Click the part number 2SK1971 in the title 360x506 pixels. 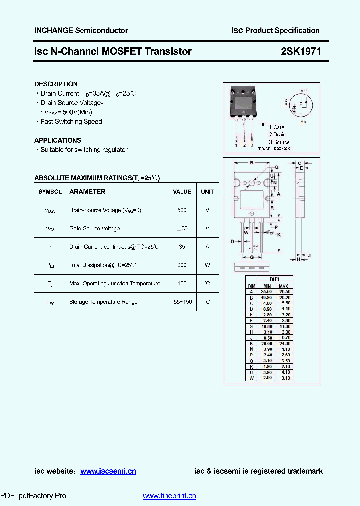click(301, 51)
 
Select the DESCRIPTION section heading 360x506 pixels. click(56, 84)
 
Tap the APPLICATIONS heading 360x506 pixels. click(57, 140)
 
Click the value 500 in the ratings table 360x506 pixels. click(182, 210)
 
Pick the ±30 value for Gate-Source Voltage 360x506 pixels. click(182, 228)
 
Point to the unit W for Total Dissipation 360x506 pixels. click(207, 265)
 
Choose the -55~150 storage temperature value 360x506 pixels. click(182, 302)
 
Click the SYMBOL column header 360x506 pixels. click(50, 192)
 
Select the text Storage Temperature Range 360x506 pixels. click(103, 302)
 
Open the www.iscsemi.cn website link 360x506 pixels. click(108, 471)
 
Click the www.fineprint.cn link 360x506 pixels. click(169, 496)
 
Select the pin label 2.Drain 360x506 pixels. click(277, 134)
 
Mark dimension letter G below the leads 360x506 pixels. click(252, 257)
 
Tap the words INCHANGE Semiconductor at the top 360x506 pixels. click(81, 30)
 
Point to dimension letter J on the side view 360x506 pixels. click(310, 255)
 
